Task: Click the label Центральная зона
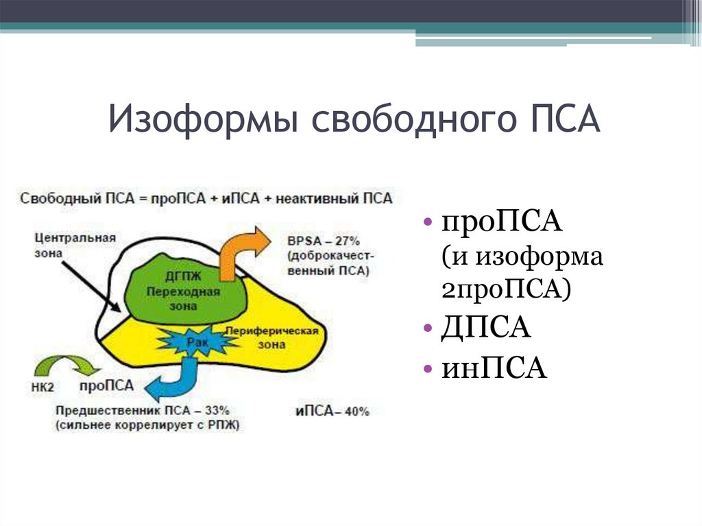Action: [x=75, y=246]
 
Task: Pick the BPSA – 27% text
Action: [x=323, y=241]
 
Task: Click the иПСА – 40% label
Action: [x=332, y=411]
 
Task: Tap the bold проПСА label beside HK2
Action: [x=104, y=385]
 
